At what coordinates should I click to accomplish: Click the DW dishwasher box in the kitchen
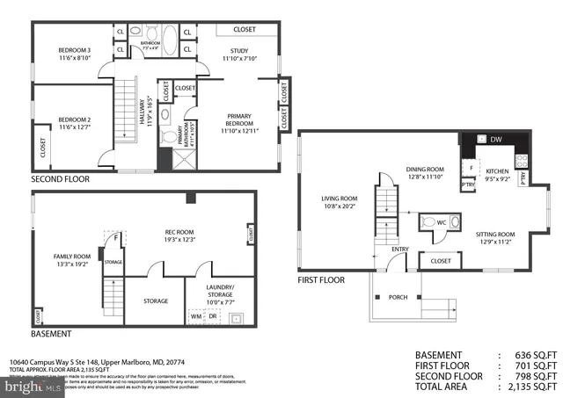[494, 139]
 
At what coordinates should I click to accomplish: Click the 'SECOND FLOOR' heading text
[61, 178]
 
